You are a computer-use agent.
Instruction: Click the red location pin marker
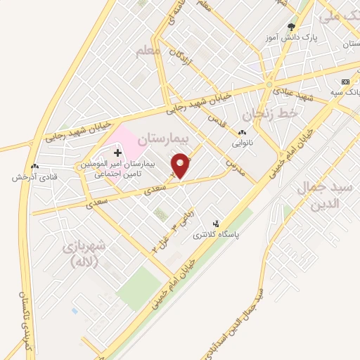pos(182,167)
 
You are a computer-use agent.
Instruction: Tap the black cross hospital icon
pos(117,153)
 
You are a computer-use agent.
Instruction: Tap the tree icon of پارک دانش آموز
pos(291,27)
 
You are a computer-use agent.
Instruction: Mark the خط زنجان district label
pos(265,112)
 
